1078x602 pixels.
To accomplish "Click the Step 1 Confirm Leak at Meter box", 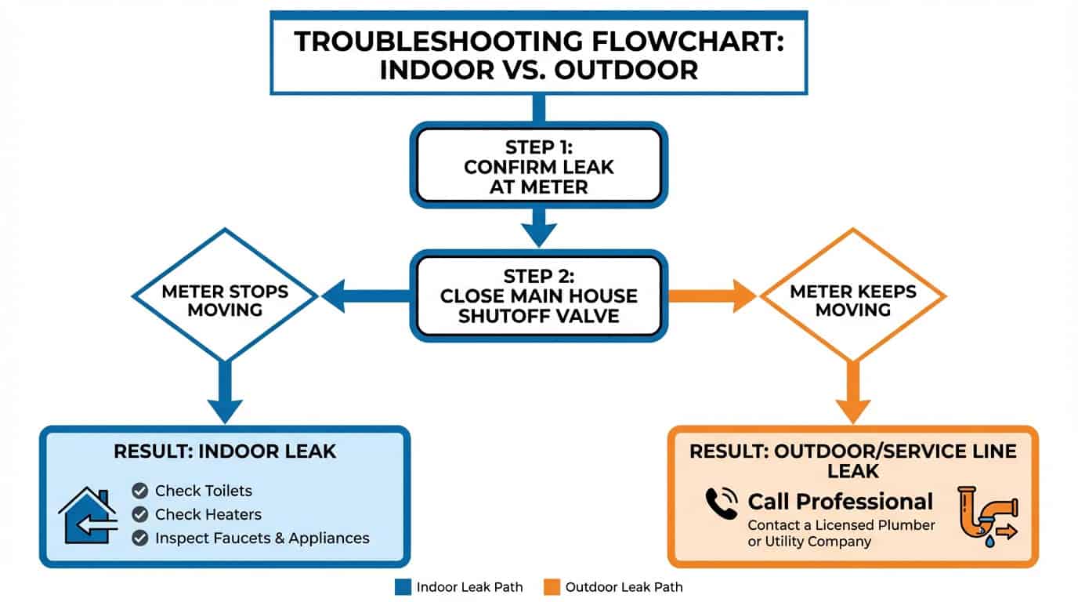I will coord(539,165).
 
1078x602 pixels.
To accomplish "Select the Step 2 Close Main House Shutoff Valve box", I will coord(539,296).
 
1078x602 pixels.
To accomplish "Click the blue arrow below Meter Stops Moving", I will coord(225,395).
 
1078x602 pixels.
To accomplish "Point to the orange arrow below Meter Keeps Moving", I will coord(852,395).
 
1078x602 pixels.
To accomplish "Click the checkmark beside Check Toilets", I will coord(140,491).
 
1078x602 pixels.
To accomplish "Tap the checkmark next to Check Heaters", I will coord(140,515).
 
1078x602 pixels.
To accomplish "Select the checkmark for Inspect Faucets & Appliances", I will coord(140,539).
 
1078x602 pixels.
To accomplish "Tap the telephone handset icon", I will coord(722,502).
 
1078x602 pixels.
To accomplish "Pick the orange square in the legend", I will coord(552,587).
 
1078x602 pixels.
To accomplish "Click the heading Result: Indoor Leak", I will coord(225,451).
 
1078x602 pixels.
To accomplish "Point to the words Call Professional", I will coord(840,502).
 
